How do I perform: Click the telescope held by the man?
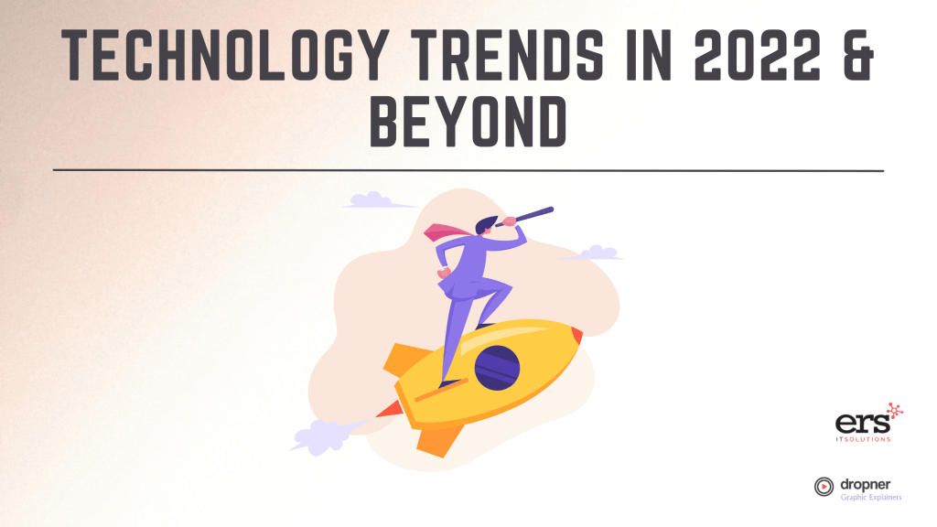(x=527, y=216)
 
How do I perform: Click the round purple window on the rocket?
(x=497, y=366)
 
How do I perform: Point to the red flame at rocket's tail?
(x=388, y=411)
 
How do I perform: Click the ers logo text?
(x=857, y=424)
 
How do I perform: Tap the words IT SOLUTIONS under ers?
(x=863, y=439)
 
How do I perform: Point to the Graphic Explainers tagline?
(x=870, y=497)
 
